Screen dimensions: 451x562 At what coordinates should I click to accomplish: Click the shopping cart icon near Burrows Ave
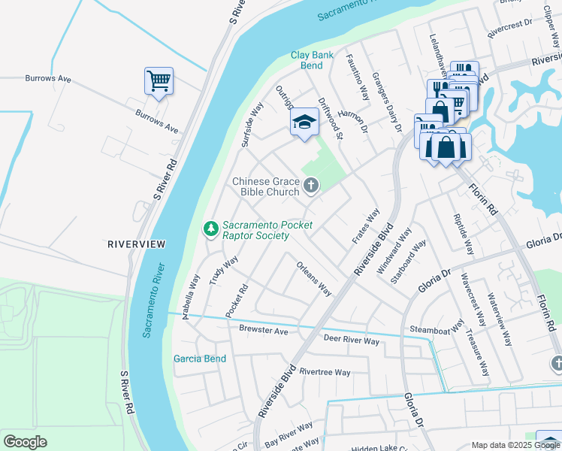click(x=159, y=80)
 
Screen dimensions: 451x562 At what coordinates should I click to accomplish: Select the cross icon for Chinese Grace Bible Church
click(x=311, y=184)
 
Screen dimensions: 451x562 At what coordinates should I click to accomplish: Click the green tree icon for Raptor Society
click(x=211, y=229)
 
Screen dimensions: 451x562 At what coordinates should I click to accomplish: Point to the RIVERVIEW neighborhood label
click(x=136, y=244)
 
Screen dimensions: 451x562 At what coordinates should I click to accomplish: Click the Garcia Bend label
click(x=200, y=359)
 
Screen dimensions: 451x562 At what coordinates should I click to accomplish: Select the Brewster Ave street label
click(x=264, y=330)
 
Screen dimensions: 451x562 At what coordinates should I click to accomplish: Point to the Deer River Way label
click(x=351, y=341)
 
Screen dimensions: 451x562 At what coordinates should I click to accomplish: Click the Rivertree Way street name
click(x=325, y=372)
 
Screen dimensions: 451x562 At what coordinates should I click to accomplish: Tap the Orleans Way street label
click(x=314, y=278)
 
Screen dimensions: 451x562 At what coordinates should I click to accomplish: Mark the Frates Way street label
click(x=366, y=226)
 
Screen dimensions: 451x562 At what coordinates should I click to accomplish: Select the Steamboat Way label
click(x=437, y=329)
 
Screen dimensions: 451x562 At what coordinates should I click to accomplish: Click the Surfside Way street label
click(x=252, y=123)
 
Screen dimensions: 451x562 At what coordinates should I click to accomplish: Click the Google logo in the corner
click(x=25, y=442)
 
